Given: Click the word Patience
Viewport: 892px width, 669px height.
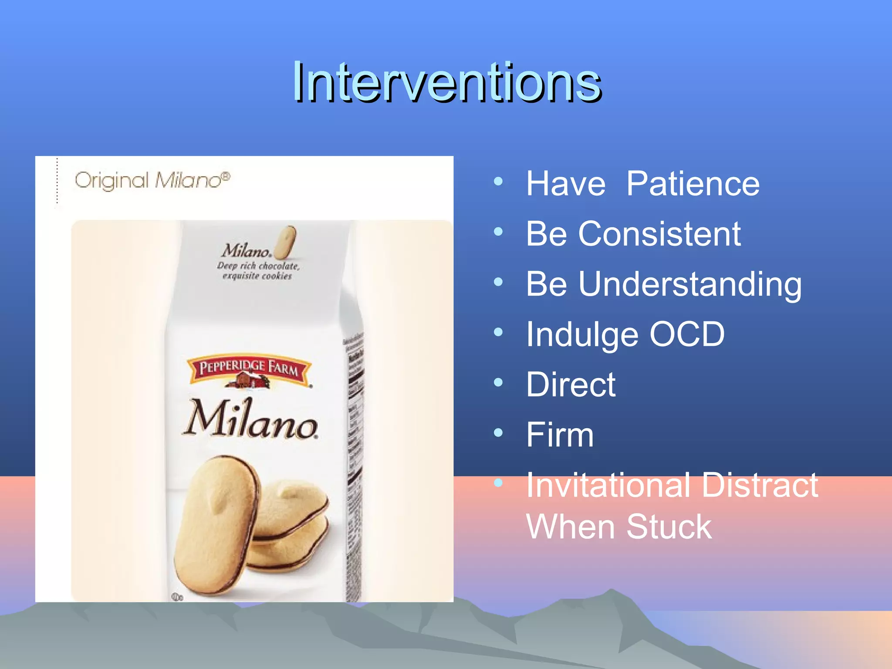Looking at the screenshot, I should (x=693, y=184).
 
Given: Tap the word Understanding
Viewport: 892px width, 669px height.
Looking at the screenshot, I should (x=690, y=284).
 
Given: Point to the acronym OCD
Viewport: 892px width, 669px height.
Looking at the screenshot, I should (x=687, y=334).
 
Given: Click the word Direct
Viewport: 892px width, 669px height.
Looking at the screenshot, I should (x=571, y=385).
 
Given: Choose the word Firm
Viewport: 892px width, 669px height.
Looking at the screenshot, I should (x=560, y=435).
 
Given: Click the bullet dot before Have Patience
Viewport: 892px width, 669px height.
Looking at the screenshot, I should (x=498, y=181).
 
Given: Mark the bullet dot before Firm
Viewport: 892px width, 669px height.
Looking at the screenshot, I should (x=498, y=432).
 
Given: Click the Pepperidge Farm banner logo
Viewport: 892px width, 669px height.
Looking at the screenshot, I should (x=249, y=369).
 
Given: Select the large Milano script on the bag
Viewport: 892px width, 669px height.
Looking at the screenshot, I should (x=250, y=419).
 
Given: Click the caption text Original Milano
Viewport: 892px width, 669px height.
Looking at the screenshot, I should (x=152, y=180).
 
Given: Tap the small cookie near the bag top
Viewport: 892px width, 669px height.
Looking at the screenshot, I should (x=286, y=242).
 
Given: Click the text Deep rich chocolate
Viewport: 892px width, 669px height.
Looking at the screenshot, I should (x=258, y=266).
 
